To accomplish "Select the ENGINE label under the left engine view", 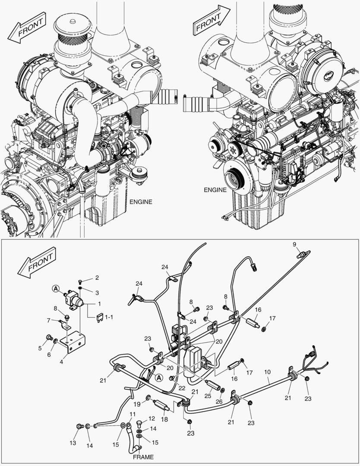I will point(141,202).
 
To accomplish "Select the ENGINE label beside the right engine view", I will point(215,190).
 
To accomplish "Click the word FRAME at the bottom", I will point(143,457).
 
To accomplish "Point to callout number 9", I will point(294,244).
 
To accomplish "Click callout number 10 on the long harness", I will point(267,371).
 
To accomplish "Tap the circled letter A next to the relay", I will point(56,288).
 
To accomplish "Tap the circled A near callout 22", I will point(159,378).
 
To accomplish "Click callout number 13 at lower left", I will point(73,443).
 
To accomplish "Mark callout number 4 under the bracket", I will point(61,362).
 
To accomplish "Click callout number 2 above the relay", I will point(97,277).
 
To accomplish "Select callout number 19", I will point(137,404).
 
